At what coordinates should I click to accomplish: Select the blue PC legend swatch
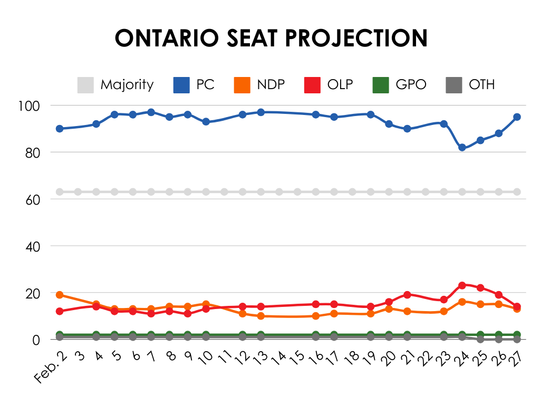pos(181,84)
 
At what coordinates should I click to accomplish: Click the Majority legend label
pos(127,84)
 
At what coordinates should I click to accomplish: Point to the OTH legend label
pos(481,84)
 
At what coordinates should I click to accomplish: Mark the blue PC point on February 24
pos(462,148)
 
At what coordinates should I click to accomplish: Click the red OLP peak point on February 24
pos(462,285)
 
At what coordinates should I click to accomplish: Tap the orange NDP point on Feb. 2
pos(60,295)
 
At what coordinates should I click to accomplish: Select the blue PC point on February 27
pos(517,117)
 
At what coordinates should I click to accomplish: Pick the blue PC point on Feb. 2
pos(60,129)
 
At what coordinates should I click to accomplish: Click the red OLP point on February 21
pos(407,295)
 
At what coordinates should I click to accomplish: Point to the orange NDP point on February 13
pos(261,316)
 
